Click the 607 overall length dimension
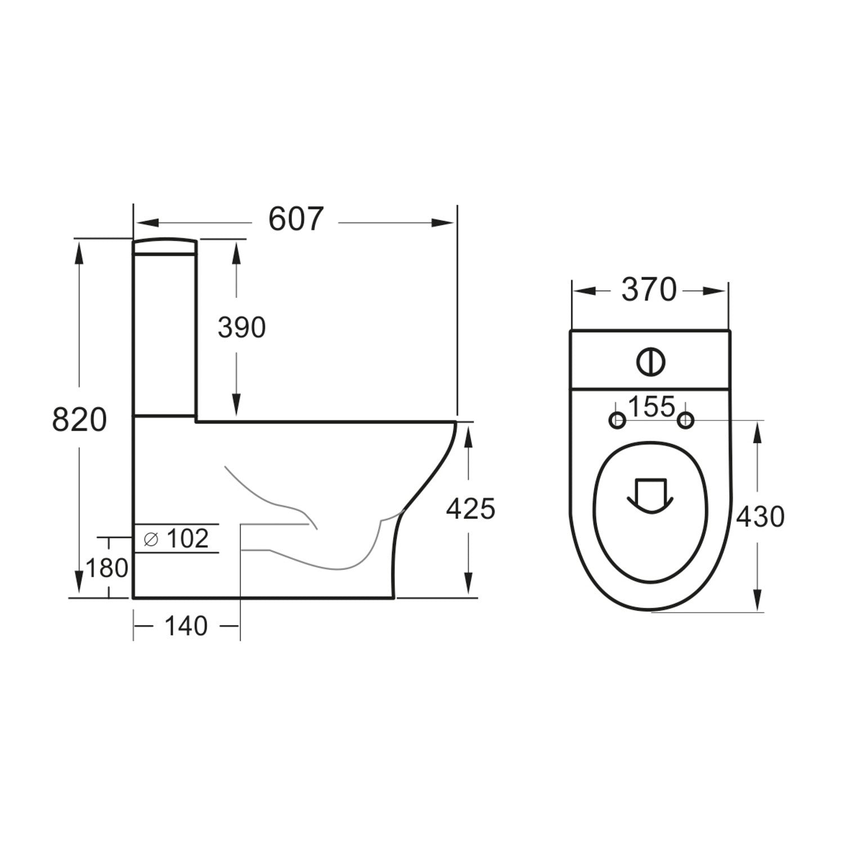point(296,219)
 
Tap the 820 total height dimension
point(79,420)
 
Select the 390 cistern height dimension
point(241,327)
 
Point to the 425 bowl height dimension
point(470,509)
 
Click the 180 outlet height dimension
point(107,568)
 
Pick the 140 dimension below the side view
point(186,626)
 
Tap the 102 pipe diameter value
point(188,538)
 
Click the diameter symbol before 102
point(151,540)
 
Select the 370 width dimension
point(649,290)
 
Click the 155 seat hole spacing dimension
point(651,407)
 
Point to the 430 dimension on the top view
point(760,517)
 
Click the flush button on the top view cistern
point(651,361)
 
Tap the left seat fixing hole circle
point(618,420)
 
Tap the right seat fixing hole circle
point(685,420)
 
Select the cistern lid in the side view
point(165,246)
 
